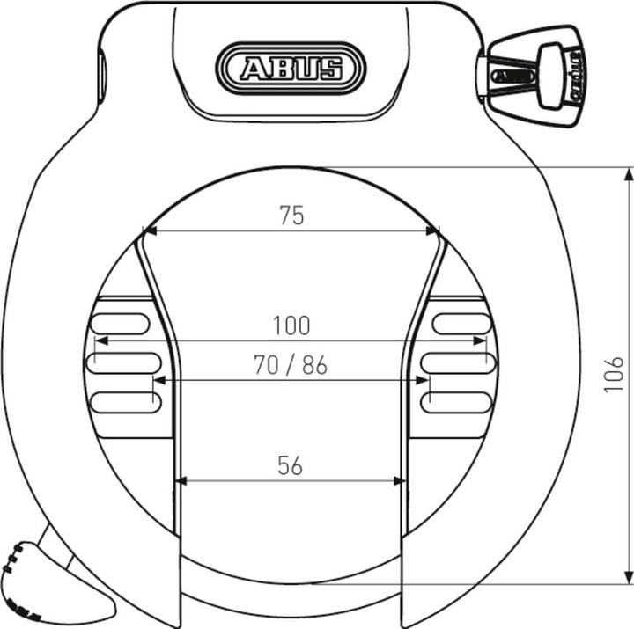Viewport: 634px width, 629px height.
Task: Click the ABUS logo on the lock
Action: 291,68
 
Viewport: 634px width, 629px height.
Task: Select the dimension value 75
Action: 291,216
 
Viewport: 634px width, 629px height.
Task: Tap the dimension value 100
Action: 291,325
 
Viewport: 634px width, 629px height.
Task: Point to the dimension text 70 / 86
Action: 291,365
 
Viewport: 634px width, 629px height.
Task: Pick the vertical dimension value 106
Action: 614,374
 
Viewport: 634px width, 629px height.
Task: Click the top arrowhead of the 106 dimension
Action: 628,174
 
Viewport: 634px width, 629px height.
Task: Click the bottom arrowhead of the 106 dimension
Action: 628,575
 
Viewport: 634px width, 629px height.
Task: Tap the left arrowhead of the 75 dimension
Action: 151,231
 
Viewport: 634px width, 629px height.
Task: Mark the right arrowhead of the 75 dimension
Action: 432,231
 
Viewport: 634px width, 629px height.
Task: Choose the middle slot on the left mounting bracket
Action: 123,362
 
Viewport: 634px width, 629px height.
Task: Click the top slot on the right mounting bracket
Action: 461,323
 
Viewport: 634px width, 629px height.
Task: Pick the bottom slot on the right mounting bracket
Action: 455,402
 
